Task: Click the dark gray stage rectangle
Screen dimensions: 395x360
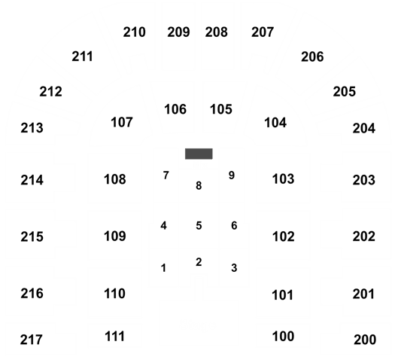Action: pyautogui.click(x=199, y=154)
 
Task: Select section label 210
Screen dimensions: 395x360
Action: pyautogui.click(x=134, y=32)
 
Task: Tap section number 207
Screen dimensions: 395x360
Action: pyautogui.click(x=263, y=32)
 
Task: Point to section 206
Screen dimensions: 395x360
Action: pyautogui.click(x=312, y=56)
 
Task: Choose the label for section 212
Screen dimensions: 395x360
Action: pyautogui.click(x=50, y=92)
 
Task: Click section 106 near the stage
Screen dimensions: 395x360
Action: pyautogui.click(x=175, y=109)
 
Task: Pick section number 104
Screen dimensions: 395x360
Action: pyautogui.click(x=275, y=123)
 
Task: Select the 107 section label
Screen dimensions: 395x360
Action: pyautogui.click(x=122, y=122)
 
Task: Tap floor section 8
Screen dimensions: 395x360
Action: pyautogui.click(x=199, y=186)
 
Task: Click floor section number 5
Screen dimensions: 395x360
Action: pyautogui.click(x=199, y=226)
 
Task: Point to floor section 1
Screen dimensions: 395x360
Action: pyautogui.click(x=163, y=268)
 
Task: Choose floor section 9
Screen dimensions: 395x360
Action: pyautogui.click(x=232, y=175)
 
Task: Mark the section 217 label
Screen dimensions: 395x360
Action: pyautogui.click(x=32, y=340)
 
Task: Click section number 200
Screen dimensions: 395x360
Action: pyautogui.click(x=365, y=340)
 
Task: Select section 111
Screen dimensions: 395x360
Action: pyautogui.click(x=114, y=337)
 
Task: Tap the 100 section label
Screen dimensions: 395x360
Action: pyautogui.click(x=283, y=337)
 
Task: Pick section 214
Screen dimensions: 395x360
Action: pyautogui.click(x=32, y=180)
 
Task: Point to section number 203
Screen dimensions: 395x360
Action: pyautogui.click(x=364, y=180)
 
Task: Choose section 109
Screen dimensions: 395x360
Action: pyautogui.click(x=115, y=236)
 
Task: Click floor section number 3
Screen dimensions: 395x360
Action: pyautogui.click(x=234, y=268)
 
